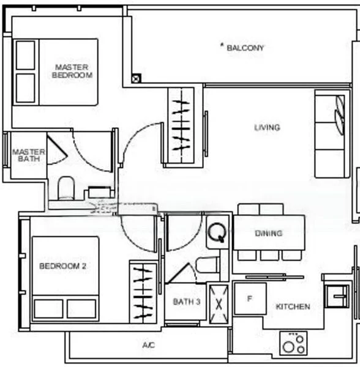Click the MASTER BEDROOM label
tap(73, 71)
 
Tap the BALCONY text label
tap(246, 47)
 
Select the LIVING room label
tap(267, 128)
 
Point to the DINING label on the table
tap(269, 233)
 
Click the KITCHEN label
tap(293, 306)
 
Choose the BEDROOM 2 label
tap(62, 266)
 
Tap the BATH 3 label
tap(187, 302)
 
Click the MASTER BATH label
tap(29, 155)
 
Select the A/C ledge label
tap(148, 346)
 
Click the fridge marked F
tap(249, 299)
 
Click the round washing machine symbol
tap(216, 232)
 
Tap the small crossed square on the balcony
tap(135, 78)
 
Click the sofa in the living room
tap(331, 134)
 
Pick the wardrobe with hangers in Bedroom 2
tap(143, 291)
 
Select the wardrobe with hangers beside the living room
tap(181, 125)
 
